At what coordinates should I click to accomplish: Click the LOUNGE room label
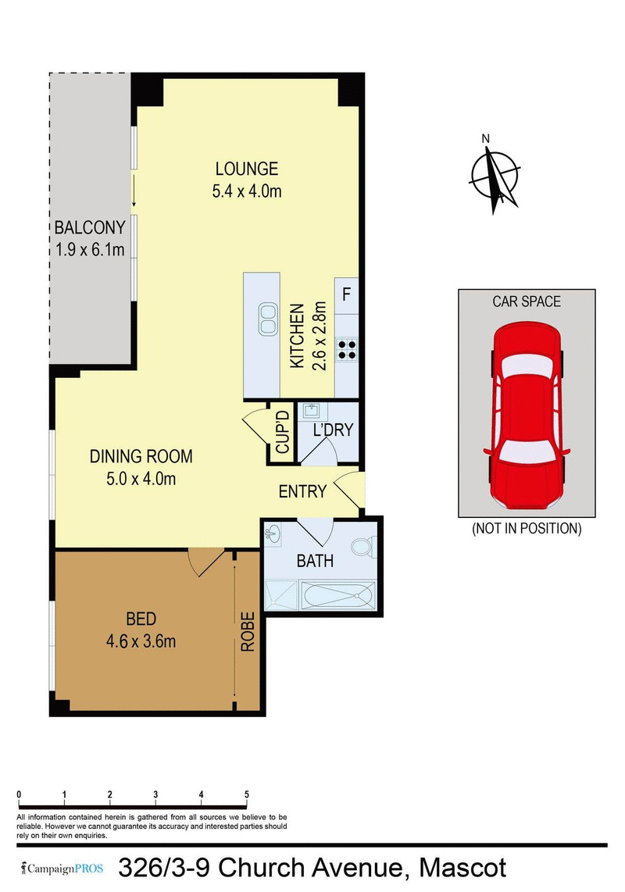[247, 168]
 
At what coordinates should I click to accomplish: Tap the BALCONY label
[90, 228]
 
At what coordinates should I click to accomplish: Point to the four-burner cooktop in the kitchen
[346, 349]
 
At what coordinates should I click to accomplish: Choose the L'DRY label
[334, 430]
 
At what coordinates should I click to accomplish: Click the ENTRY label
[302, 491]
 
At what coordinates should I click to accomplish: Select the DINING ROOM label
[141, 457]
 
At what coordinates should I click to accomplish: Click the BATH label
[316, 560]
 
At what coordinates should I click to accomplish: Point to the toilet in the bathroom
[362, 548]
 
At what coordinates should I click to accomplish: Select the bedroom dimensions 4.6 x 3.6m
[141, 642]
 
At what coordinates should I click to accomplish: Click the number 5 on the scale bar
[247, 794]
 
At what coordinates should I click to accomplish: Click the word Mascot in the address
[462, 868]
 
